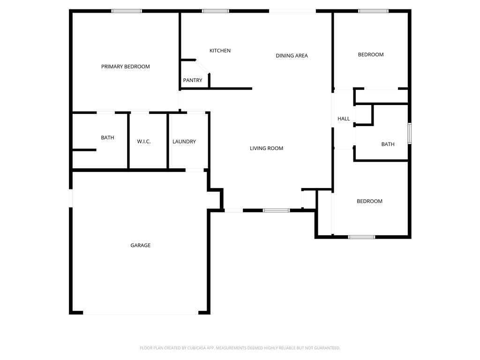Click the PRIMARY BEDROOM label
click(126, 67)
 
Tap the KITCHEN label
click(220, 51)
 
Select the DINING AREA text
click(292, 55)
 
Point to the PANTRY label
click(193, 80)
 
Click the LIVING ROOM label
click(266, 148)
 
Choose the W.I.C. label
click(144, 142)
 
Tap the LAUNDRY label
click(184, 142)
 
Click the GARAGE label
click(141, 245)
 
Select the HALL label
click(344, 119)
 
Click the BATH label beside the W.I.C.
click(107, 137)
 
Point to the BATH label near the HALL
click(388, 144)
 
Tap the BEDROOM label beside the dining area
click(371, 54)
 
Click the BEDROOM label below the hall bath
click(369, 201)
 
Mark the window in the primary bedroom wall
click(127, 11)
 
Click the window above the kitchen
click(215, 11)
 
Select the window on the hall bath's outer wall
click(410, 133)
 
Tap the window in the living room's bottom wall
click(276, 210)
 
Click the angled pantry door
click(202, 67)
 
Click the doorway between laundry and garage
click(195, 170)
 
